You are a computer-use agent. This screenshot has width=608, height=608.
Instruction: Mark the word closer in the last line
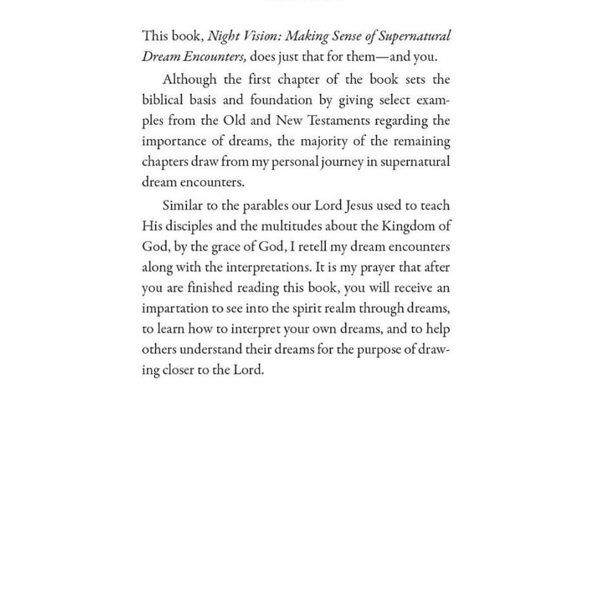coord(178,370)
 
